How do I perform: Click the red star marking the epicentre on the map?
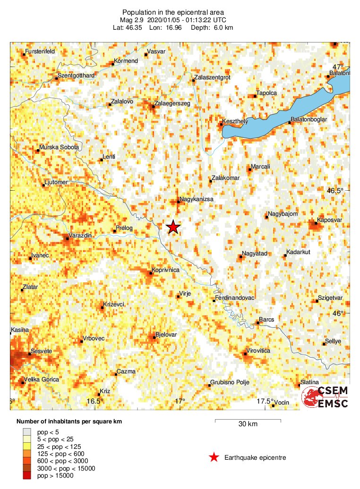pos(173,227)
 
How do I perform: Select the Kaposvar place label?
pos(330,219)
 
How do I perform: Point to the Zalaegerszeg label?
pos(172,103)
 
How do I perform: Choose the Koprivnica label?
pos(166,270)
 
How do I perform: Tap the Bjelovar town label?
pos(166,334)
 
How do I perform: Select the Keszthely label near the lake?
pos(235,121)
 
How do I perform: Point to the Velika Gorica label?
pos(42,379)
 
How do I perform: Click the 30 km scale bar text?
pos(248,424)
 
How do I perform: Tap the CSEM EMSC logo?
pos(326,397)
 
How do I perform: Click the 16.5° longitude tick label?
pos(95,401)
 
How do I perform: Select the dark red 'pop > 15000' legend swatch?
pos(29,475)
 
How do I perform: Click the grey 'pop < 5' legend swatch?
pos(29,431)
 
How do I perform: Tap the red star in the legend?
pos(214,457)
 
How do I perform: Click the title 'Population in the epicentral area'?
pos(173,12)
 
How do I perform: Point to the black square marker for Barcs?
pos(257,323)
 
